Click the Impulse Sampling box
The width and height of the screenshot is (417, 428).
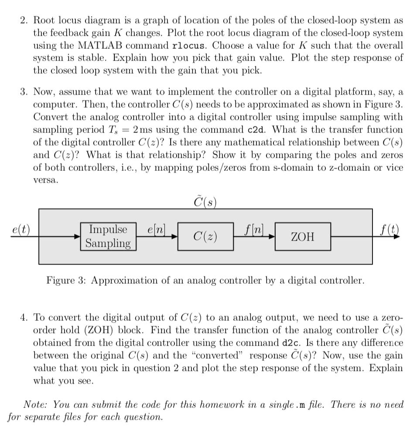pos(109,236)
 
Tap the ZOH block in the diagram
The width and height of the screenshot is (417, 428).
pos(302,237)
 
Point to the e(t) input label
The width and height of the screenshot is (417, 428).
pos(21,230)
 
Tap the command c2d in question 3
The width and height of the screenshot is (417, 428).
pos(257,130)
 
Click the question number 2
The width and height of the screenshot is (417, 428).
pos(24,20)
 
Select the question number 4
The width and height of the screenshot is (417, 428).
pos(24,318)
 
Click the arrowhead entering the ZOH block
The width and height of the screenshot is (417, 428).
pos(273,237)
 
